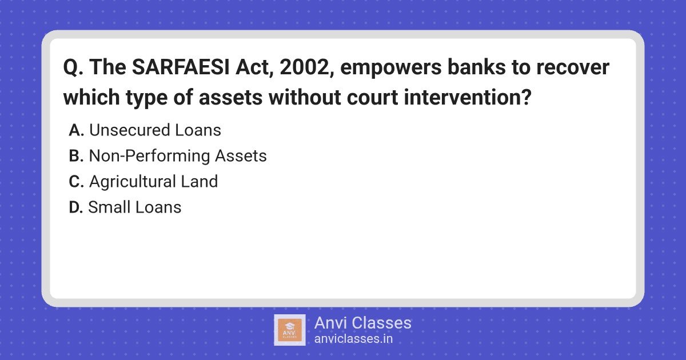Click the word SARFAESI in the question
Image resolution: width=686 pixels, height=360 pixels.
click(x=181, y=67)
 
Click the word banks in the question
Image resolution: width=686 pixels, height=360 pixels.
click(x=477, y=67)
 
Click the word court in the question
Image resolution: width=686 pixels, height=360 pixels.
click(x=372, y=98)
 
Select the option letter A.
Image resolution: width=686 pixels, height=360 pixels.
click(x=76, y=130)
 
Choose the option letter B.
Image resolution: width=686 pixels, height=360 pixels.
click(x=76, y=156)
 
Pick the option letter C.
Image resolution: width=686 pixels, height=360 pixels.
click(x=76, y=182)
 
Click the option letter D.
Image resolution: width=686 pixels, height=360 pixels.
click(x=76, y=207)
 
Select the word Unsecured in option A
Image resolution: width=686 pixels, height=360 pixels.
click(x=130, y=130)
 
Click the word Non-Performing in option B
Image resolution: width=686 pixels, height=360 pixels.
click(x=149, y=156)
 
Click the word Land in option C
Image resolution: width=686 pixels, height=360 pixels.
click(x=200, y=181)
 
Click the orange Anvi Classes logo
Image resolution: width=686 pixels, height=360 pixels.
click(x=290, y=330)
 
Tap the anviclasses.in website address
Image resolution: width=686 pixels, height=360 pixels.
click(x=353, y=339)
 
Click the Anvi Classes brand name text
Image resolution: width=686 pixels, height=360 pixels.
click(x=363, y=323)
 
